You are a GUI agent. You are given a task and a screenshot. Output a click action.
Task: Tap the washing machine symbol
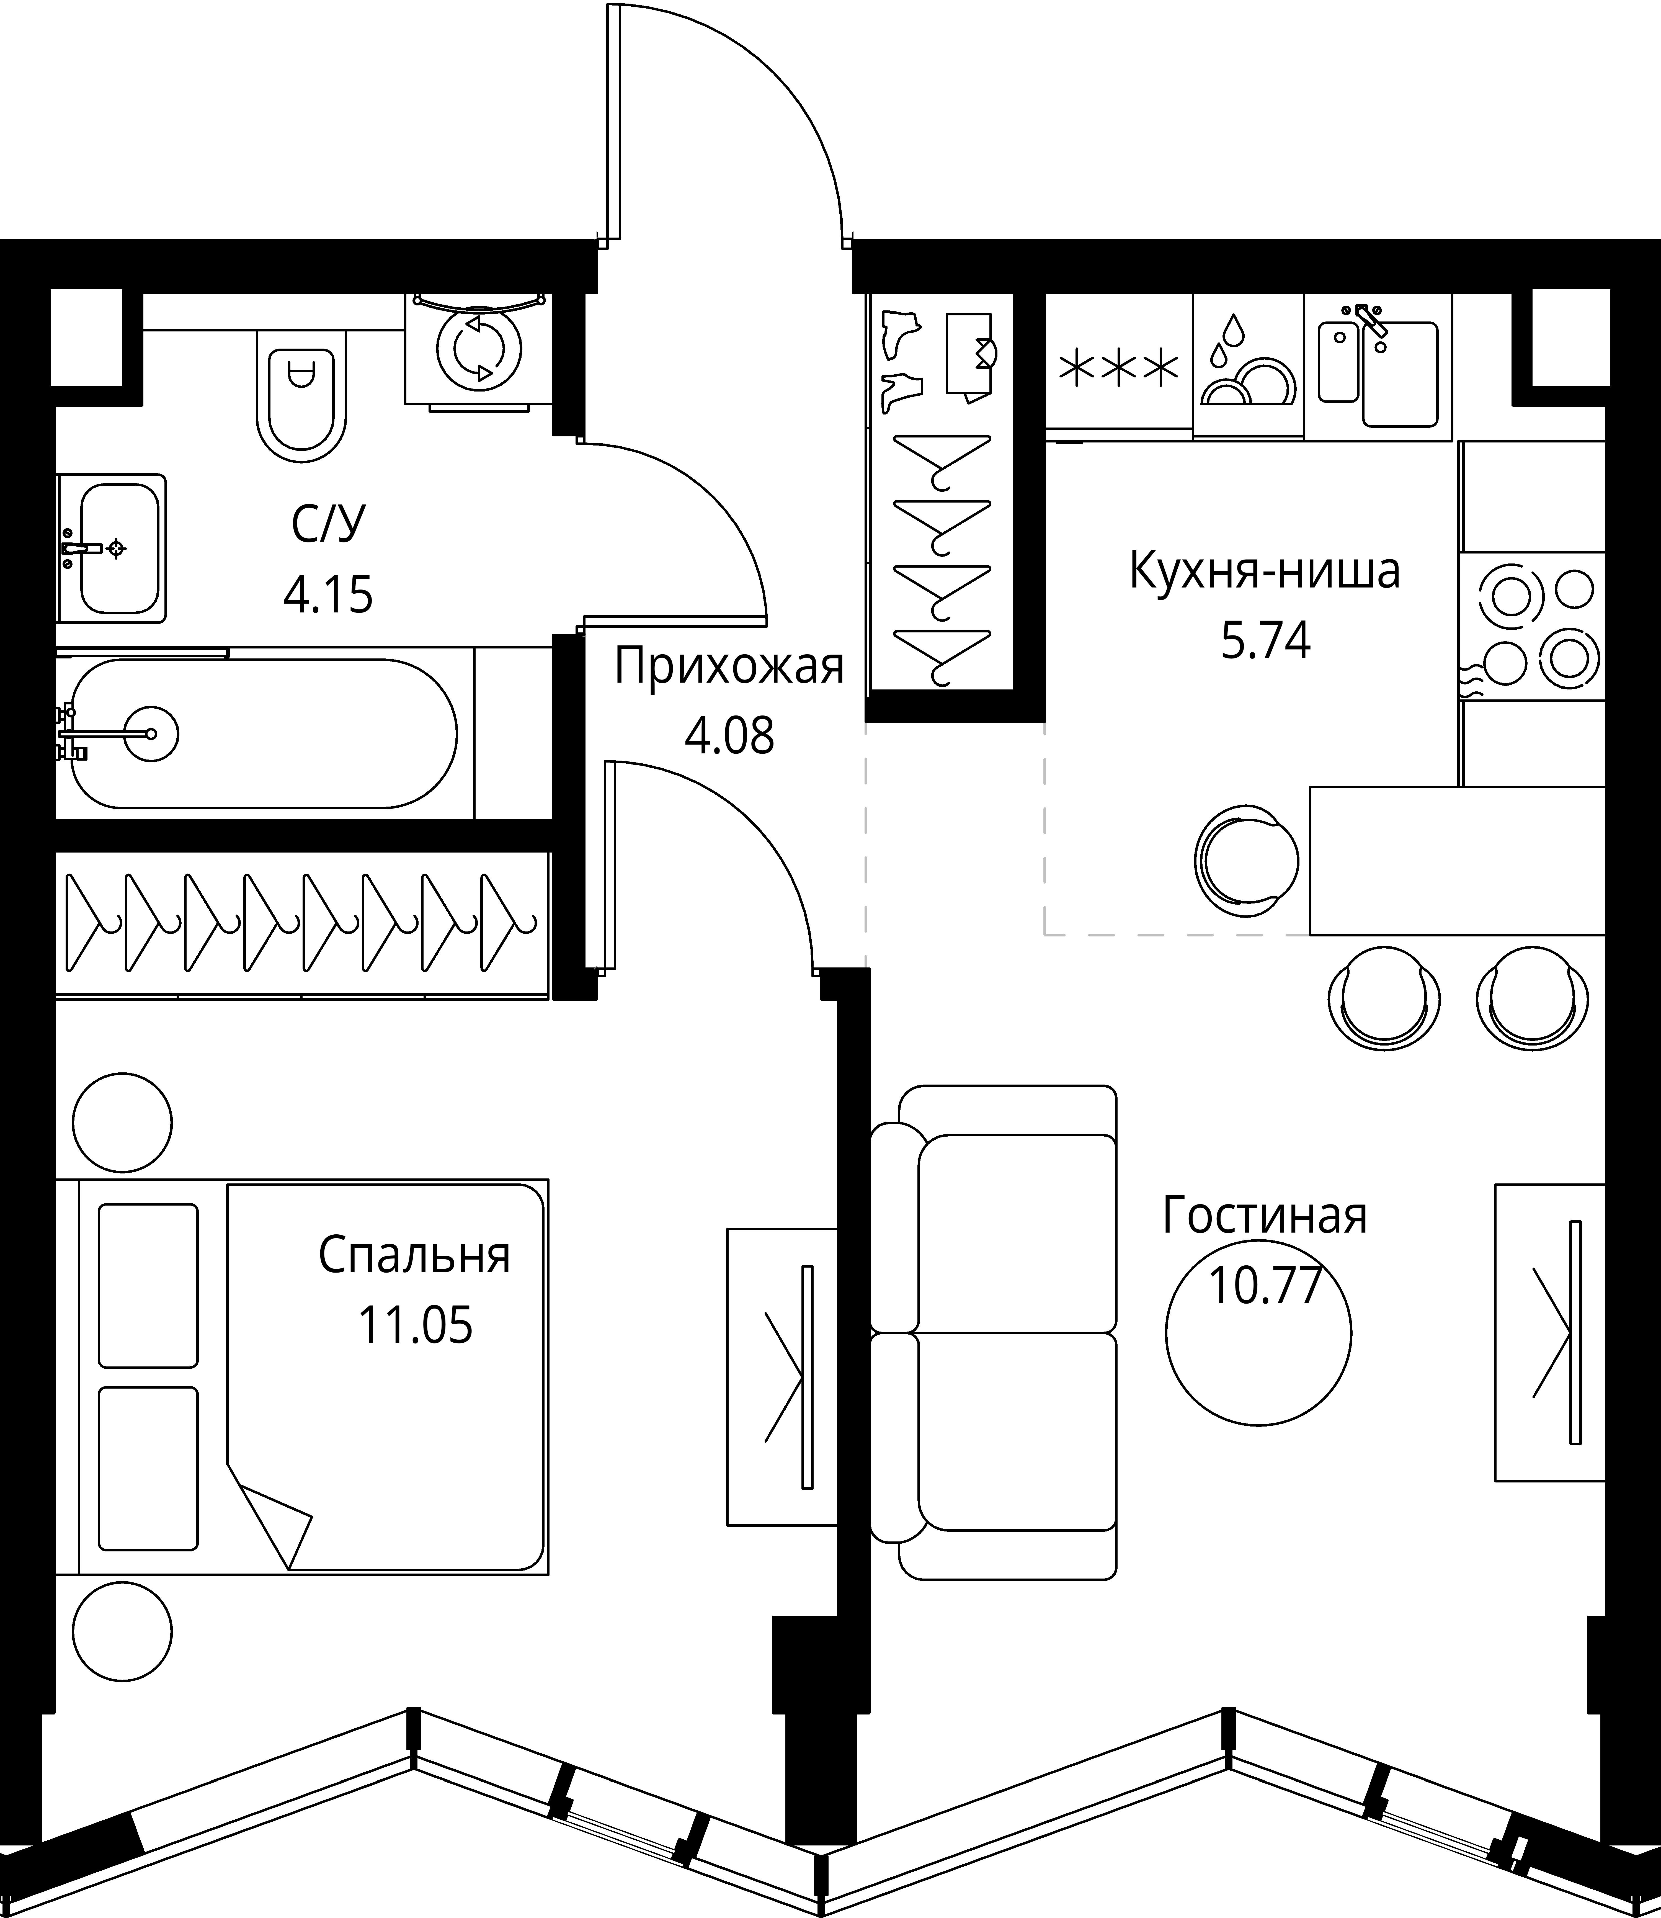click(479, 349)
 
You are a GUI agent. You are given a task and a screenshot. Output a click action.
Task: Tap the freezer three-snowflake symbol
click(1119, 368)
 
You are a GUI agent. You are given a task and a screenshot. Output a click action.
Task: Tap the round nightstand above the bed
click(122, 1124)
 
